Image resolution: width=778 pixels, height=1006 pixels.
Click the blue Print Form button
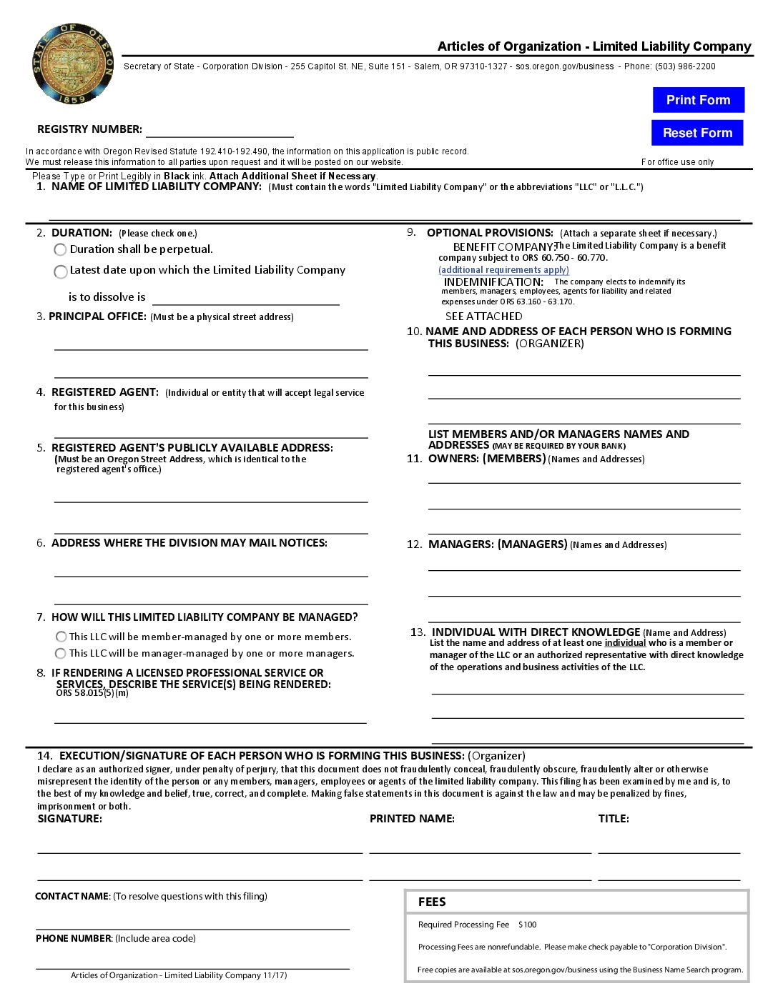pos(698,100)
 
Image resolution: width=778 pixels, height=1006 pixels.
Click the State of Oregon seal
pos(73,64)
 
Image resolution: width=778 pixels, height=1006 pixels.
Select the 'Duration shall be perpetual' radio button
pos(61,249)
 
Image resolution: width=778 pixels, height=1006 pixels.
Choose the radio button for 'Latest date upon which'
pos(61,272)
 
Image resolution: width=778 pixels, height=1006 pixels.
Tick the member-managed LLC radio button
pos(61,637)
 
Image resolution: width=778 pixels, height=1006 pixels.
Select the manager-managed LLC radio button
pos(61,653)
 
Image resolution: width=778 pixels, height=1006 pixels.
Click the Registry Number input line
pos(220,130)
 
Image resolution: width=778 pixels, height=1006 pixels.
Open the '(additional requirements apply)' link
pos(503,270)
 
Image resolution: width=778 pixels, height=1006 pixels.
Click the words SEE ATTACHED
pos(483,316)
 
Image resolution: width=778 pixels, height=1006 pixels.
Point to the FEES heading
pos(432,902)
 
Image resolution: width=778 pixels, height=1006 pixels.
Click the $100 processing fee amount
pos(528,925)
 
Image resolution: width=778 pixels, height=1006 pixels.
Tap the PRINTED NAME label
pos(412,819)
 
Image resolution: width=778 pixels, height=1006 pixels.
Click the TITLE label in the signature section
pos(614,819)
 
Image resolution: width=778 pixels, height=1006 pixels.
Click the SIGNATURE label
pos(69,819)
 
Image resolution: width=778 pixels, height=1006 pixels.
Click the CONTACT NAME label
pos(72,896)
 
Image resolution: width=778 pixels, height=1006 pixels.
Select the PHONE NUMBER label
pos(74,938)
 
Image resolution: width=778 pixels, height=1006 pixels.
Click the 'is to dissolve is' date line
pos(245,299)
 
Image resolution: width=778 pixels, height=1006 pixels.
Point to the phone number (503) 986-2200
pos(685,66)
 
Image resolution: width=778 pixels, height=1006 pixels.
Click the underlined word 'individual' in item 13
pos(625,643)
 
